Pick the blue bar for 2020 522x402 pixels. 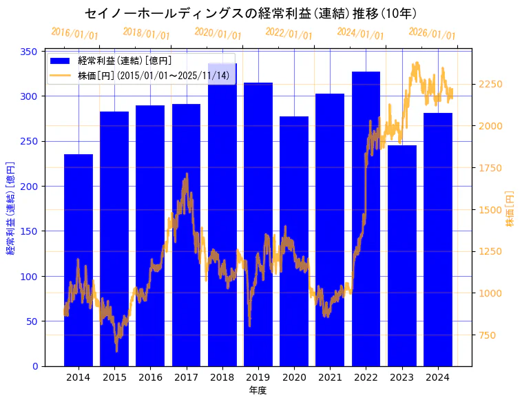point(294,241)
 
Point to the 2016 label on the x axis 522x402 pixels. point(150,377)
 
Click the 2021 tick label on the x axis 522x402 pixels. point(330,377)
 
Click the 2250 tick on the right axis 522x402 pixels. point(490,84)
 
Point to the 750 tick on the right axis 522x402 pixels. point(488,335)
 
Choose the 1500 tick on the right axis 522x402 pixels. point(490,210)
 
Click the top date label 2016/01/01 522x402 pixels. point(74,33)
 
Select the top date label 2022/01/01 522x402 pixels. point(289,33)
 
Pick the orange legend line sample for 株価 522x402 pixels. point(61,76)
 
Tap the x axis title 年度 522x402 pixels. point(258,390)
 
